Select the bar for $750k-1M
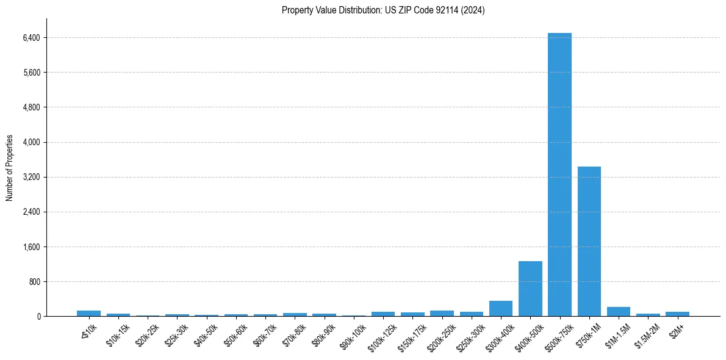(x=589, y=241)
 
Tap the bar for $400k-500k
(x=530, y=289)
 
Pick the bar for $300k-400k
(x=501, y=309)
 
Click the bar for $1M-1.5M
(x=619, y=312)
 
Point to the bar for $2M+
(x=677, y=314)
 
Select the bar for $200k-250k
(x=442, y=313)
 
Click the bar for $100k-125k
(x=383, y=314)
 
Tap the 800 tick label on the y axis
(x=34, y=282)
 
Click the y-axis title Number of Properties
(x=10, y=168)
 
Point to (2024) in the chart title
(x=473, y=10)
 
